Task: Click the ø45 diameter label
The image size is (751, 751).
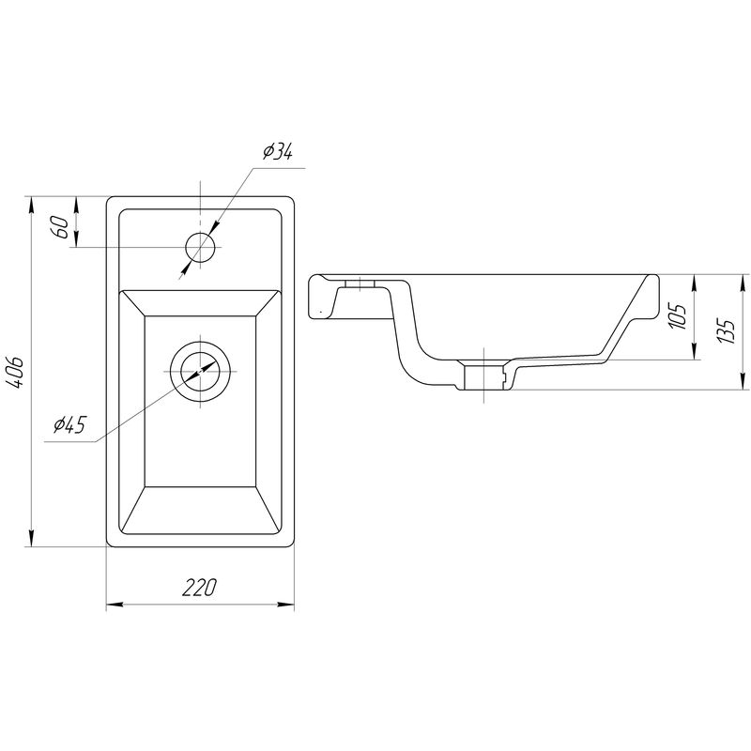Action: click(69, 425)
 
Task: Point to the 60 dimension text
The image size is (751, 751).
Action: click(58, 226)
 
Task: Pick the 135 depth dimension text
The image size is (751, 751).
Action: click(724, 330)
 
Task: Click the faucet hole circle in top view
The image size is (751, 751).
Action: click(201, 248)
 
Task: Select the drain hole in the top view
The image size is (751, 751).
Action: click(200, 368)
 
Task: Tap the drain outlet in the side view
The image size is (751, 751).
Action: click(484, 376)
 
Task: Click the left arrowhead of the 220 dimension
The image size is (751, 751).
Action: click(112, 605)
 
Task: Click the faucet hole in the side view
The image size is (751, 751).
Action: click(360, 283)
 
